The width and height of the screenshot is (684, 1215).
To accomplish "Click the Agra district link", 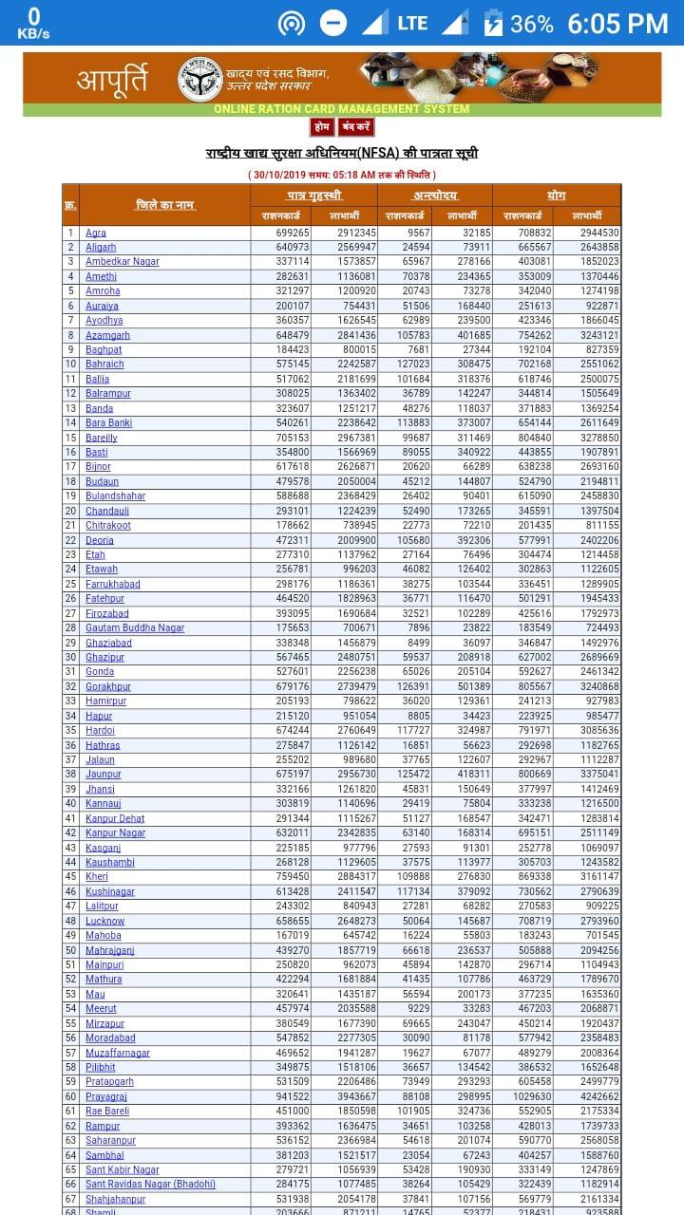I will tap(96, 233).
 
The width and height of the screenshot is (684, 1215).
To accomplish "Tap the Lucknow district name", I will tap(104, 921).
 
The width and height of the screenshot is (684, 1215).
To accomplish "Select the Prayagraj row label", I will tap(105, 1096).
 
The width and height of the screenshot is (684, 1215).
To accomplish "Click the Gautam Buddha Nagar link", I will tap(135, 628).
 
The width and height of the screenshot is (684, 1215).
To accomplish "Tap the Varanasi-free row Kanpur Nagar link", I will tap(115, 833).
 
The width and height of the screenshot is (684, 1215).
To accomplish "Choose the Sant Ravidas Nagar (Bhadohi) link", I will tap(150, 1184).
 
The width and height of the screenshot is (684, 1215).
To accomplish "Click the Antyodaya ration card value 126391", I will tap(411, 686).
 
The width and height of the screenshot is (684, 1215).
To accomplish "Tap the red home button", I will tap(321, 127).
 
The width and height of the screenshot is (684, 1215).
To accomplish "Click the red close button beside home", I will tap(356, 127).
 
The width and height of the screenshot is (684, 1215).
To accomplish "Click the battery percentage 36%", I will tap(531, 24).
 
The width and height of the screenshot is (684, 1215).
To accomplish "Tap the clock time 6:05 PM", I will tap(617, 24).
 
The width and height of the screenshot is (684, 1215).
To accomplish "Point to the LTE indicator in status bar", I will tap(412, 23).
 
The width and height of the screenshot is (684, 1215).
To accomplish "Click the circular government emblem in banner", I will tap(199, 79).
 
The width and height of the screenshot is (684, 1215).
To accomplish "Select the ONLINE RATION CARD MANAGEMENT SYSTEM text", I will tap(342, 109).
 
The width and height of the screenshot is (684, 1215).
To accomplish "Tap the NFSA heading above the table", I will tap(342, 153).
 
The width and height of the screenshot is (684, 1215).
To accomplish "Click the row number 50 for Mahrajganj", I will tap(70, 950).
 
